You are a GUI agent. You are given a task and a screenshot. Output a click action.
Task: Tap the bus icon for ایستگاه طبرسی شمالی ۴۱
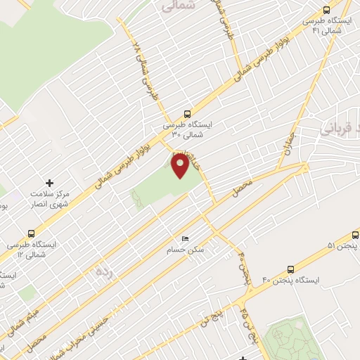pos(326,10)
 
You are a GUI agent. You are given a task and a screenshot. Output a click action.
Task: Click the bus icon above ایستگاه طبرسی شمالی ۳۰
pos(186,113)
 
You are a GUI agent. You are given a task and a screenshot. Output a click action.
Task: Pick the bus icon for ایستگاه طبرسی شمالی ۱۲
pos(30,233)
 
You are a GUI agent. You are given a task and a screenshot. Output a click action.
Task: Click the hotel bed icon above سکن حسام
pos(185,238)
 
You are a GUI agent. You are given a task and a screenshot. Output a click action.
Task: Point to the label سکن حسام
pos(185,250)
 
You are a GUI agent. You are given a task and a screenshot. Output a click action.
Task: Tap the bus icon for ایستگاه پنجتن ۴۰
pos(291,269)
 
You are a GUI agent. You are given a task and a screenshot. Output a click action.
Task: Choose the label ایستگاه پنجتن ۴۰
pos(291,281)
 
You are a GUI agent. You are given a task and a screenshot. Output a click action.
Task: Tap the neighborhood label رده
pos(104,271)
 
